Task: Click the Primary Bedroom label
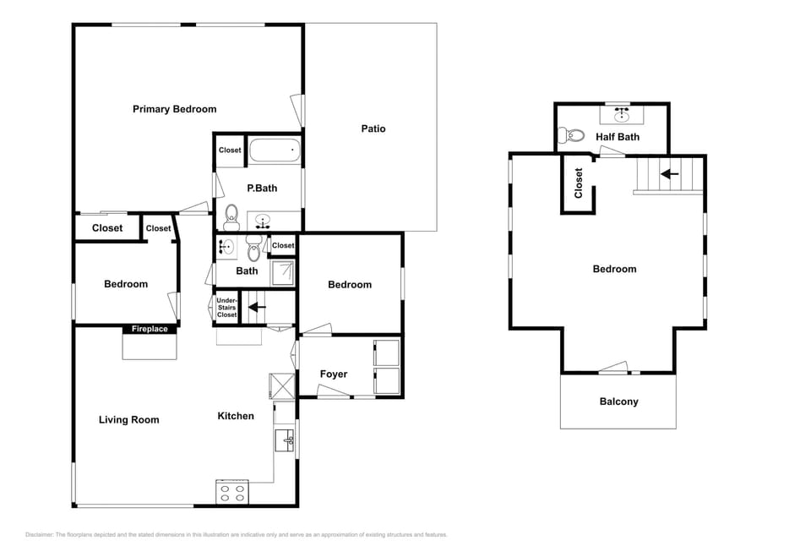[174, 109]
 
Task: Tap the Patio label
[373, 128]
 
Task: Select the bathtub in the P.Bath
[275, 152]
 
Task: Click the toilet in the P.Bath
[231, 217]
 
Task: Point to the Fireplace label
[150, 329]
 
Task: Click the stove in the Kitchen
[232, 492]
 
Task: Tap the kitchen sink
[286, 439]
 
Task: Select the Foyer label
[333, 374]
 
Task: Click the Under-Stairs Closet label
[226, 308]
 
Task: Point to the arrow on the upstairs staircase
[670, 174]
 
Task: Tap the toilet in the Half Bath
[575, 135]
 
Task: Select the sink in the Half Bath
[623, 112]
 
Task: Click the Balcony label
[618, 402]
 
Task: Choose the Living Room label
[128, 420]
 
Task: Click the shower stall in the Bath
[283, 271]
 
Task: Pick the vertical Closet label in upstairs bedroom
[579, 183]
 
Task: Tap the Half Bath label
[617, 136]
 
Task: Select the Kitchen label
[236, 416]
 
